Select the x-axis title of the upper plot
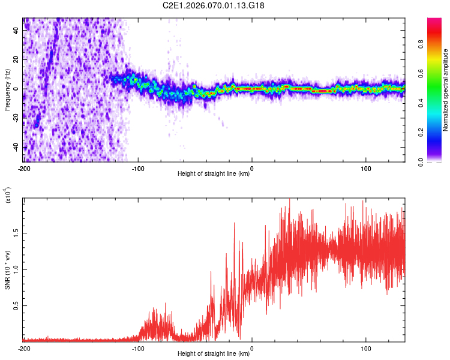[x=214, y=174]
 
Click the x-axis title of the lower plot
[x=214, y=353]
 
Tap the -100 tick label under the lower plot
[x=138, y=348]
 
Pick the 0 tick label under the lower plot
[x=252, y=348]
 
